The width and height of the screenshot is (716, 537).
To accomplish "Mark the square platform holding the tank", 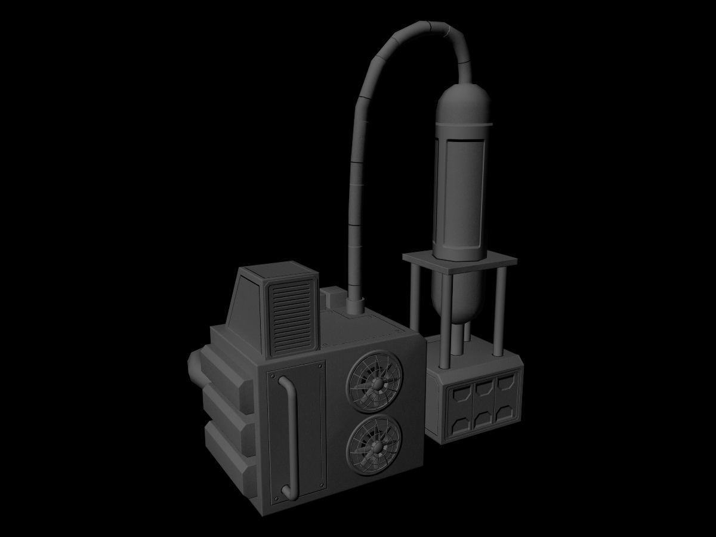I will tap(459, 261).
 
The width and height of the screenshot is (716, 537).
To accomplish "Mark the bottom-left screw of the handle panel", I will tap(276, 496).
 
